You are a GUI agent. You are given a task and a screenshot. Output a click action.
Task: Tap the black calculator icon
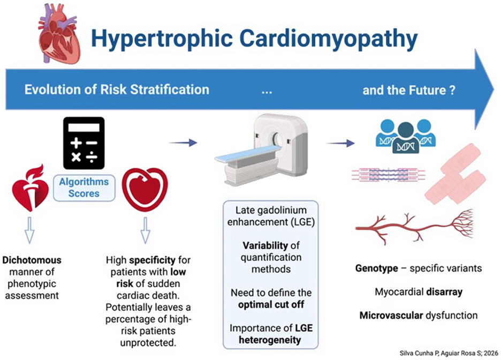[83, 140]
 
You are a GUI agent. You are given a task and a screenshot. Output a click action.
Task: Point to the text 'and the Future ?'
[409, 89]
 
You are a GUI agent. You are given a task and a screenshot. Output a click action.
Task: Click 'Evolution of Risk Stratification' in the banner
[117, 89]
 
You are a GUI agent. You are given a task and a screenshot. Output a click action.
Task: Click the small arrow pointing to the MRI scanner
[183, 142]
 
